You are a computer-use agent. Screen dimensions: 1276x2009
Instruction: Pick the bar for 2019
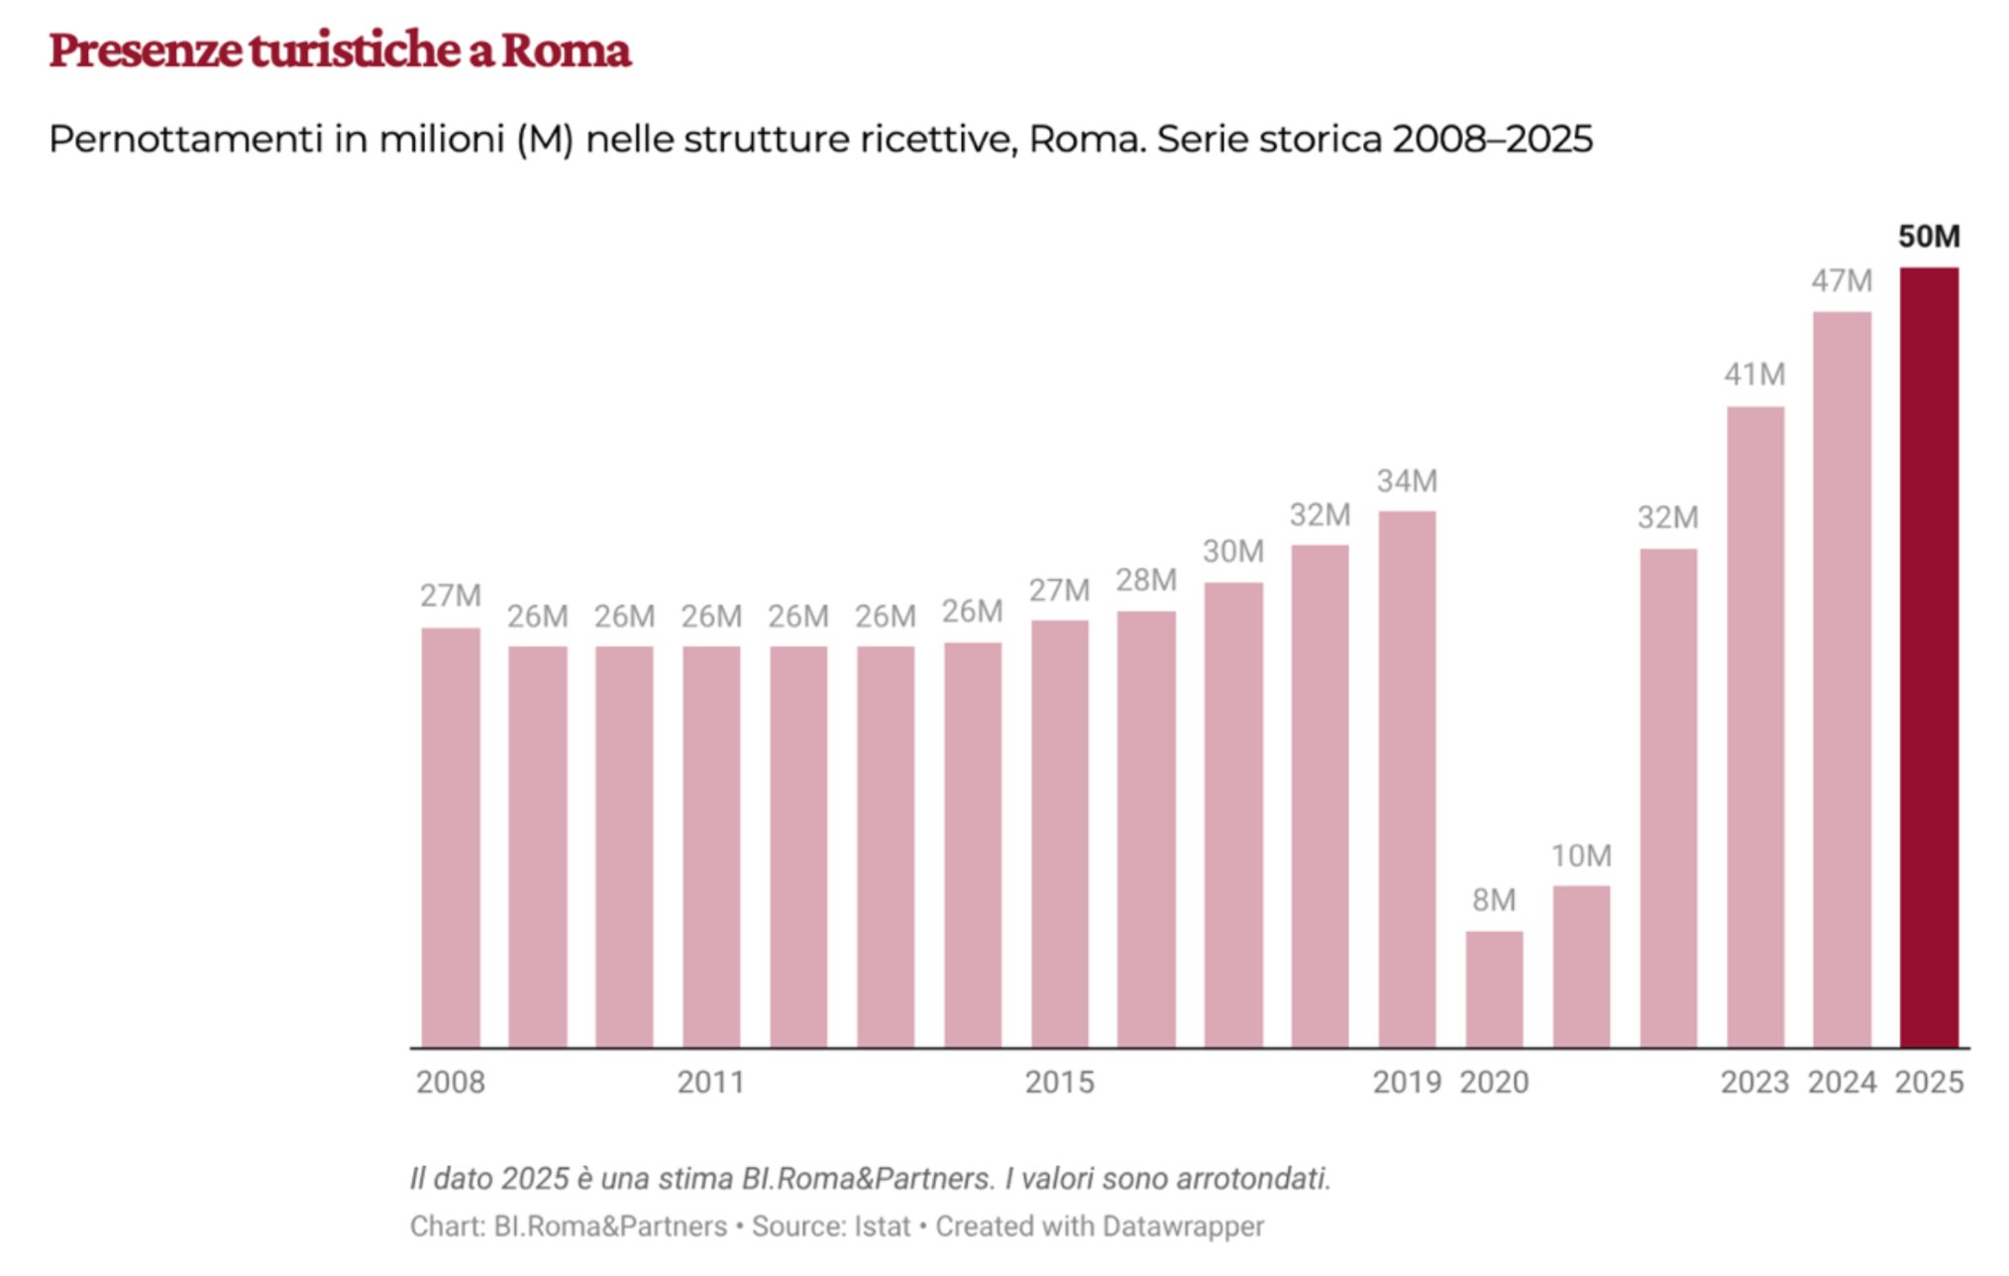(x=1407, y=779)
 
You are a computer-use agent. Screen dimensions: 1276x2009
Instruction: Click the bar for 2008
(x=451, y=837)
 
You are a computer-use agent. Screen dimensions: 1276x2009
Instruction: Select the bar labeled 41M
(x=1755, y=726)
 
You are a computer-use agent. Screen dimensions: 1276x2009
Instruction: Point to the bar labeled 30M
(x=1233, y=814)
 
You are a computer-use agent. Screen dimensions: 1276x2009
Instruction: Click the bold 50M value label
(x=1928, y=236)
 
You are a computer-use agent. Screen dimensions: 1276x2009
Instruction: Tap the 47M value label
(x=1842, y=281)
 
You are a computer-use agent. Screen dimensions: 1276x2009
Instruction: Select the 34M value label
(x=1407, y=481)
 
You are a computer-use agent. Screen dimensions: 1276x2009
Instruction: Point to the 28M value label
(x=1146, y=581)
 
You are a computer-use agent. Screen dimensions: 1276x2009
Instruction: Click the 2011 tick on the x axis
(x=710, y=1082)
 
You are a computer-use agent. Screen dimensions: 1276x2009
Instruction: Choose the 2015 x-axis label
(x=1059, y=1082)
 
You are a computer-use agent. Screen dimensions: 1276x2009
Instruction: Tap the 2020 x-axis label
(x=1494, y=1082)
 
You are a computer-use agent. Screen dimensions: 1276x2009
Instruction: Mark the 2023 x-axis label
(x=1754, y=1082)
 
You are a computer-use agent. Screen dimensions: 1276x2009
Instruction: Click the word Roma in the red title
(x=565, y=50)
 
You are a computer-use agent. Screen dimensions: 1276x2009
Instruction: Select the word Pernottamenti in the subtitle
(x=186, y=139)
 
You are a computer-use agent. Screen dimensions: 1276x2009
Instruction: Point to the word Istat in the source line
(x=880, y=1226)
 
